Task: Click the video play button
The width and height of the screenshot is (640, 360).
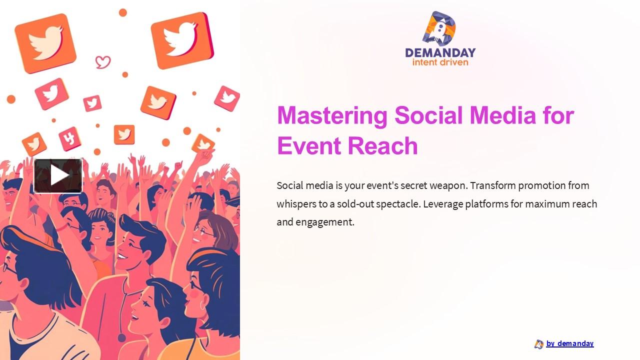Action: (58, 175)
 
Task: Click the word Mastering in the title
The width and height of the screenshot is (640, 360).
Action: (332, 115)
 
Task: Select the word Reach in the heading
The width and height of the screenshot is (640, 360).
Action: (382, 146)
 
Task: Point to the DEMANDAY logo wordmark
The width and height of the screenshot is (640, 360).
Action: (440, 52)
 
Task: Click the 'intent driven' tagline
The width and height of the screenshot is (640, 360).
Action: (440, 62)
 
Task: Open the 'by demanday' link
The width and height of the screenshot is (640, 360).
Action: (569, 343)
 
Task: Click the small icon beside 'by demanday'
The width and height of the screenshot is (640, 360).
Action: (538, 344)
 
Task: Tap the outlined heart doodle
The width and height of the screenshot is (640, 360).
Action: (103, 62)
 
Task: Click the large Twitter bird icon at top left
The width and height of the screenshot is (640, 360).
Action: (45, 43)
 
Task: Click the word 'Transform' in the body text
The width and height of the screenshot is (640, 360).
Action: (493, 185)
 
